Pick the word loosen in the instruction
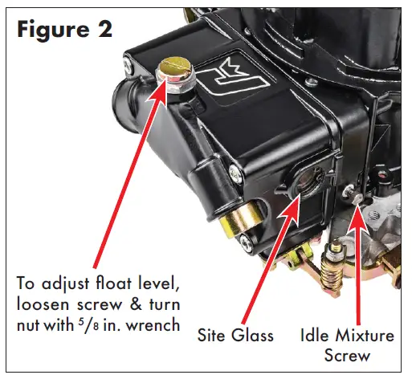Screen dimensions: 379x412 (x=44, y=308)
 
